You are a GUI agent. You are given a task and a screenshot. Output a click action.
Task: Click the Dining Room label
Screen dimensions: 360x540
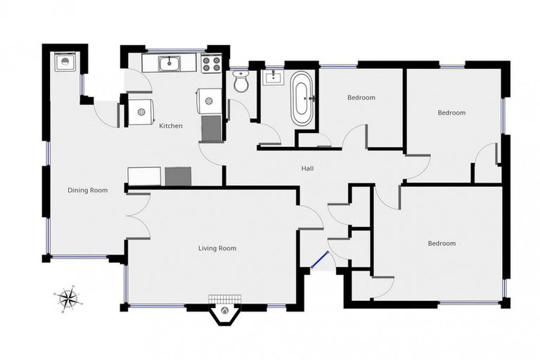87,190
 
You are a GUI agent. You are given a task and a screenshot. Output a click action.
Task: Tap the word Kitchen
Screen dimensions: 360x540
171,127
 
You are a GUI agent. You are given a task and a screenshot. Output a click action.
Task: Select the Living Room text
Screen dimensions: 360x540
217,248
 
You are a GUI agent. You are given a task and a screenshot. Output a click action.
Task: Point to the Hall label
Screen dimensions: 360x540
307,169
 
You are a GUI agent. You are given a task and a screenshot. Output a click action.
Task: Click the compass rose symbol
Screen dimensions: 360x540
68,299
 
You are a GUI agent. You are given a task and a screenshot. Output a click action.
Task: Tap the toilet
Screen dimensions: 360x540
241,82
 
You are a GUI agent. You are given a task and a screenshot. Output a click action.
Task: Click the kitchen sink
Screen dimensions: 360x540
169,64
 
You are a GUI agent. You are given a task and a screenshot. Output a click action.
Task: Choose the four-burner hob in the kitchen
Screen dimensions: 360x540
210,64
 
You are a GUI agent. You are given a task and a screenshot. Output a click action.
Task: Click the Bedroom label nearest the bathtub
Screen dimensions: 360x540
361,98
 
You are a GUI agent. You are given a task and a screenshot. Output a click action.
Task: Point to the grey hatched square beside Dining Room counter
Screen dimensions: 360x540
179,176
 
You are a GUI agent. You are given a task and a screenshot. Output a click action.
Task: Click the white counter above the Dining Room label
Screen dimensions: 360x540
145,176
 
